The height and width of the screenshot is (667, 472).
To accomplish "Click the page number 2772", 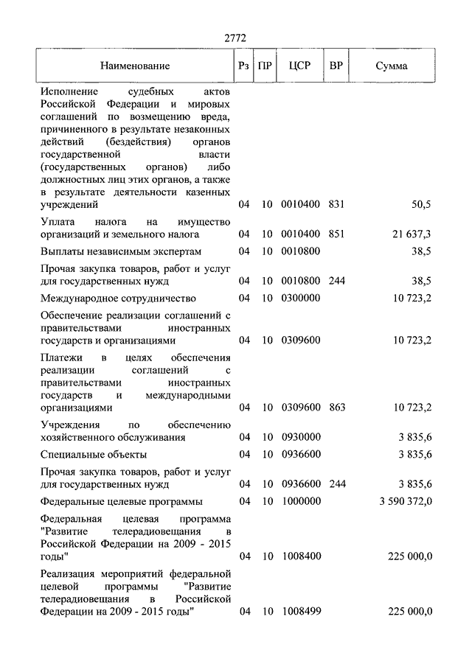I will [235, 38].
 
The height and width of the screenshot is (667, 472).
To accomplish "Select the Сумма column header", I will [391, 66].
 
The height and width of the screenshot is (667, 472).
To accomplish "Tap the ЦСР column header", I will [300, 65].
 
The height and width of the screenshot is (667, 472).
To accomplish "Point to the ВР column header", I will [336, 65].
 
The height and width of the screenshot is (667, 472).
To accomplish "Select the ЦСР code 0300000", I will [300, 298].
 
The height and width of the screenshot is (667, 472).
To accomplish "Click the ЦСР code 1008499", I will [300, 612].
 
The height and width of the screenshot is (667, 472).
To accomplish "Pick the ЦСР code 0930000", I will [300, 437].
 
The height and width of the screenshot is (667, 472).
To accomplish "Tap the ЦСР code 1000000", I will [300, 501].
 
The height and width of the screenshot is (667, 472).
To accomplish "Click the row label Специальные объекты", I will [94, 455].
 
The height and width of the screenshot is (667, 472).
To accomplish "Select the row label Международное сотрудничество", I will [118, 298].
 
